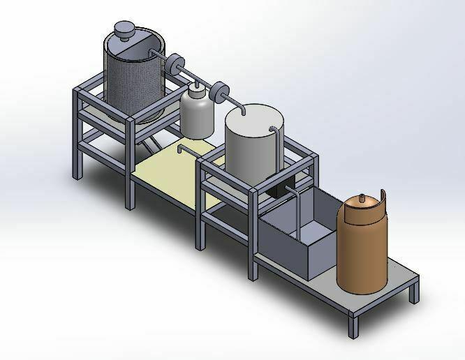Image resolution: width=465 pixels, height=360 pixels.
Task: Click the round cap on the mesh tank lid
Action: pos(124,29)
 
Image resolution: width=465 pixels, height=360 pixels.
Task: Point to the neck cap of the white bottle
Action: pos(196,87)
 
